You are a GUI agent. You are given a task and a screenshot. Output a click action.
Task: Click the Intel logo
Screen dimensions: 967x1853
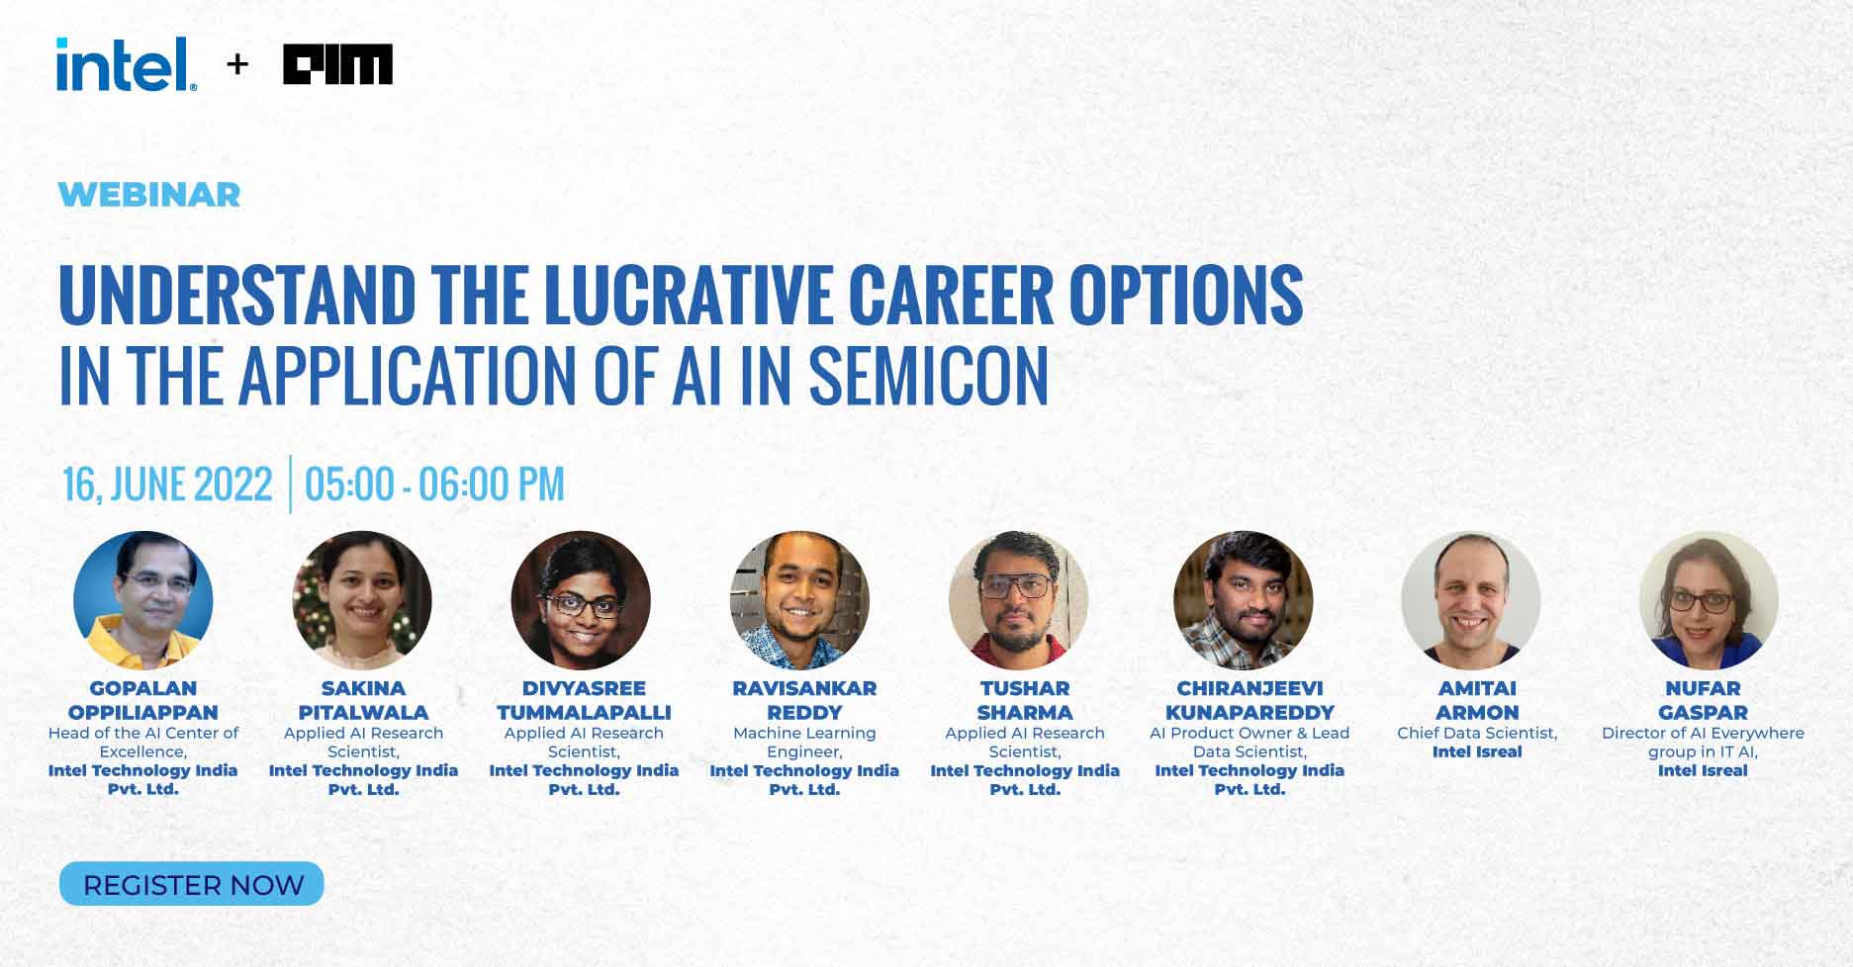coord(126,65)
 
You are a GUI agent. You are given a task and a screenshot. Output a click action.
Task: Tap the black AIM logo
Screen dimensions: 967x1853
coord(337,64)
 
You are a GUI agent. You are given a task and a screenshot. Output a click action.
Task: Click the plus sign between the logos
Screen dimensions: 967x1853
coord(237,65)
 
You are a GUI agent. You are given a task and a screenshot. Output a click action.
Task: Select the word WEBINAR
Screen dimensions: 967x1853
coord(149,195)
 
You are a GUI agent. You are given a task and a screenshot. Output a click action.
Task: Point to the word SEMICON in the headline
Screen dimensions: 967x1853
coord(928,376)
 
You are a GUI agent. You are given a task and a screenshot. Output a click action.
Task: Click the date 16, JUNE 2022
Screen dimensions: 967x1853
coord(167,484)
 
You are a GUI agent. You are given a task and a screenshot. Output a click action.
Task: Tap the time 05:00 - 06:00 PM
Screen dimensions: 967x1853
coord(434,484)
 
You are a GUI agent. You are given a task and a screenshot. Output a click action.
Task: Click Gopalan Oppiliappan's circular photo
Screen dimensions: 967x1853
coord(143,600)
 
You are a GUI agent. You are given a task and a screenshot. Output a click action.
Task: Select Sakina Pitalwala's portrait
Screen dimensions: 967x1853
coord(363,600)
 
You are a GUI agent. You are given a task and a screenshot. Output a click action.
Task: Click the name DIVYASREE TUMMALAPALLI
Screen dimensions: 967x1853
coord(584,700)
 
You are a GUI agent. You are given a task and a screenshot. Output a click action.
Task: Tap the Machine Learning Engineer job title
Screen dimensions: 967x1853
coord(804,742)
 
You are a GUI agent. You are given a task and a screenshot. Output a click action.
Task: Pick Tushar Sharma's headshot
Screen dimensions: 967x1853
coord(1018,600)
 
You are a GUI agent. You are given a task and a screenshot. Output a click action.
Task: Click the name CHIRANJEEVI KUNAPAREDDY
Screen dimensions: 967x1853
coord(1250,700)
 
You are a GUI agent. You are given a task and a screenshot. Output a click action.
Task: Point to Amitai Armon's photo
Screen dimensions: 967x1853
coord(1471,600)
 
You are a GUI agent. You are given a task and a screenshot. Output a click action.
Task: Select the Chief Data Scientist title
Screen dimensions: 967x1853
coord(1477,733)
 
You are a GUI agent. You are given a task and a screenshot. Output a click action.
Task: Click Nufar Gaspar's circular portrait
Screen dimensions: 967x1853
coord(1709,600)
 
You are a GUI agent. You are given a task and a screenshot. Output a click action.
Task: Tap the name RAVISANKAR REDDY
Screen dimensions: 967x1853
coord(804,700)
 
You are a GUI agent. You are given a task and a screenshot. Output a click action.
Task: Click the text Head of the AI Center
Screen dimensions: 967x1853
coord(143,733)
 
